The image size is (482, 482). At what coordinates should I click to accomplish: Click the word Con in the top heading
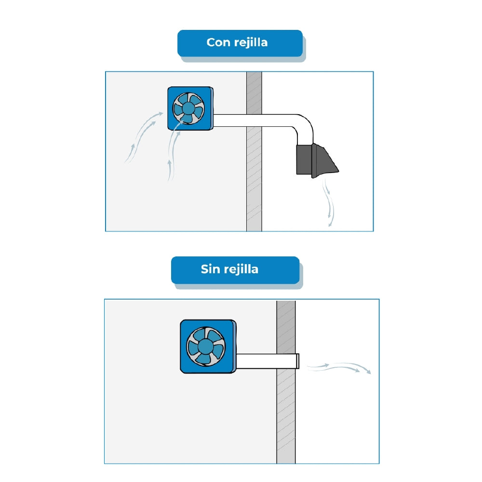point(218,42)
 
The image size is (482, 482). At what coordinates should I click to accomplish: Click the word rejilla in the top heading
point(250,43)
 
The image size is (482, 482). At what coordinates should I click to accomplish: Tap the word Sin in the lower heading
point(210,269)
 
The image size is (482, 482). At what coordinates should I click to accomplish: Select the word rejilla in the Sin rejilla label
point(241,269)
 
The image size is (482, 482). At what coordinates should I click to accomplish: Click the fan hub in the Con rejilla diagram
point(188,108)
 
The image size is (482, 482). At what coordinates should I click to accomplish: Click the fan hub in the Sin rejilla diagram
point(206,346)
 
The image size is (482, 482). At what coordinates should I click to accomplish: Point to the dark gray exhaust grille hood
point(317,160)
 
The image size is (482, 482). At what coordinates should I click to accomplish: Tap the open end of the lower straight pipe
point(297,361)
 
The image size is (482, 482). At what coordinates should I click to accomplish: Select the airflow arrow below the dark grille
point(329,203)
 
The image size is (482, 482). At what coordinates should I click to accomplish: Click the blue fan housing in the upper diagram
point(190,108)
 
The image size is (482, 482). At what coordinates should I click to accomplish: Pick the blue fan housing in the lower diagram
point(208,347)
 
